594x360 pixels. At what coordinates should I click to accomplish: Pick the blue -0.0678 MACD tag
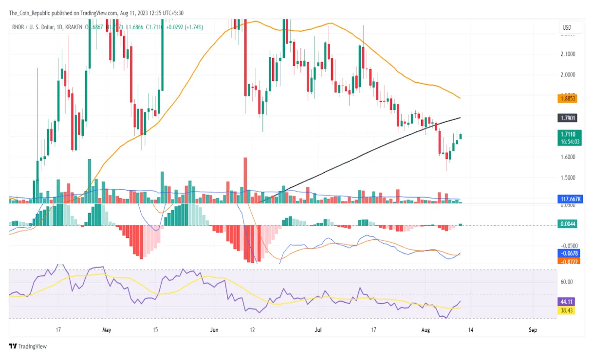[x=567, y=253]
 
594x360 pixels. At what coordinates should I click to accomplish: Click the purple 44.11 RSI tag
[x=566, y=302]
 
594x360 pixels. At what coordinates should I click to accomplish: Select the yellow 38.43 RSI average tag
[x=566, y=309]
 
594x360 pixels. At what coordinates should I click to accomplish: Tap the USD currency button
[x=567, y=28]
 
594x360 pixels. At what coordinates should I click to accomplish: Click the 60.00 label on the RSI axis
[x=566, y=282]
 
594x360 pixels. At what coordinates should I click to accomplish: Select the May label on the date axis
[x=107, y=330]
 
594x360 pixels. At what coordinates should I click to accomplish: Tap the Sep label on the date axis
[x=533, y=330]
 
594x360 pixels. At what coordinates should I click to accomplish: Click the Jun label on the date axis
[x=214, y=330]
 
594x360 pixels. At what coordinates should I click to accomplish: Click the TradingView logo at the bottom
[x=28, y=346]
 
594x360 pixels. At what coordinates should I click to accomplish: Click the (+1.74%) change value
[x=193, y=27]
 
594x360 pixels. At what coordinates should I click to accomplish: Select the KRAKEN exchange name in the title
[x=73, y=27]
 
